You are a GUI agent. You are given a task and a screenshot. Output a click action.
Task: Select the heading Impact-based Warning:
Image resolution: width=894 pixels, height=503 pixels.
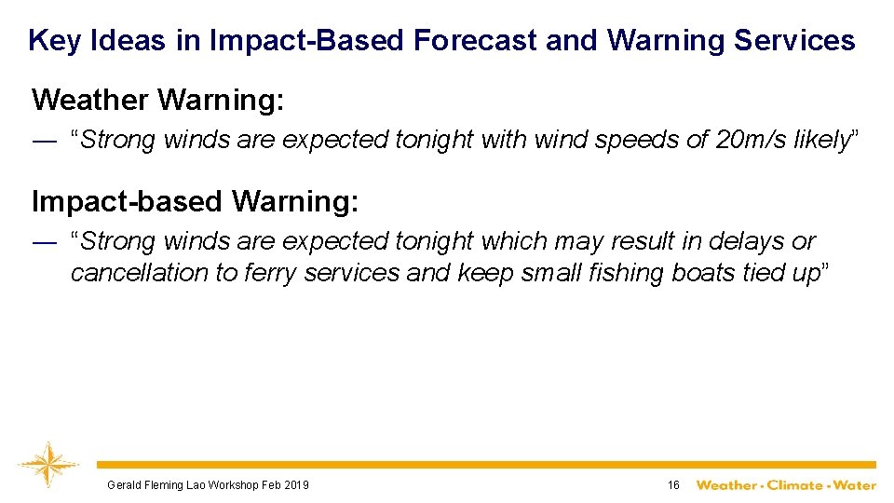195,200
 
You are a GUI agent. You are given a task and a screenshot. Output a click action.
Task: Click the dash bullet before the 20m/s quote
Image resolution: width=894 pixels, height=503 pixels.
44,140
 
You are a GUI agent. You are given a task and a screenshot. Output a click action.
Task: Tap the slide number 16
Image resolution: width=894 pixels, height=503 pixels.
673,485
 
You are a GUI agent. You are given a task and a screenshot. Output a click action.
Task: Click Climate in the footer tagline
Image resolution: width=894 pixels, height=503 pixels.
794,485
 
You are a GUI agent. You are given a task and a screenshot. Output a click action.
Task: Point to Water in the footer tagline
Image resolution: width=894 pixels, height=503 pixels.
855,485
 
